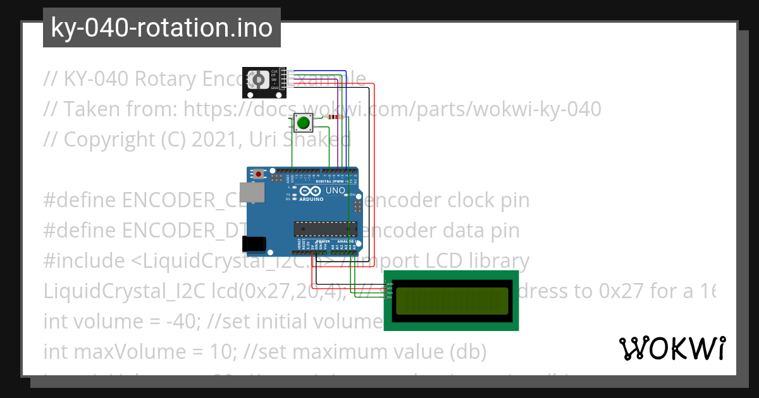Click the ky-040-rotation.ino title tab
point(161,28)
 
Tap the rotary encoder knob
point(257,80)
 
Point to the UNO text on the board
point(335,191)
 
